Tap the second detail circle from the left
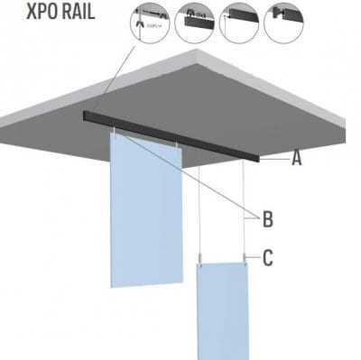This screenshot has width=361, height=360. (x=195, y=21)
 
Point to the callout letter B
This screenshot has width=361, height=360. (x=268, y=218)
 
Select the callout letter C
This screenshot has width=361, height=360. (x=268, y=258)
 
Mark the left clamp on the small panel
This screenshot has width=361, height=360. (x=200, y=262)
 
